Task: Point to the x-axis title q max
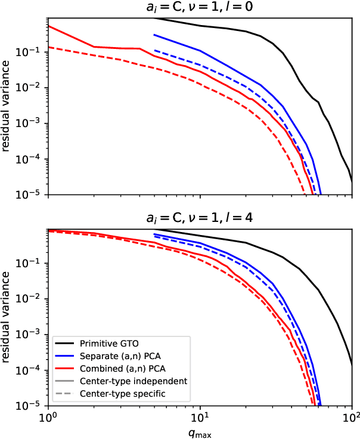point(199,434)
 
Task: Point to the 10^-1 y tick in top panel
point(32,52)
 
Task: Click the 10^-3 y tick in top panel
point(32,123)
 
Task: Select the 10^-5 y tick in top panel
point(32,194)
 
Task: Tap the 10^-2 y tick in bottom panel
point(32,299)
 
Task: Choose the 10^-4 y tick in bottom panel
point(32,370)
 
